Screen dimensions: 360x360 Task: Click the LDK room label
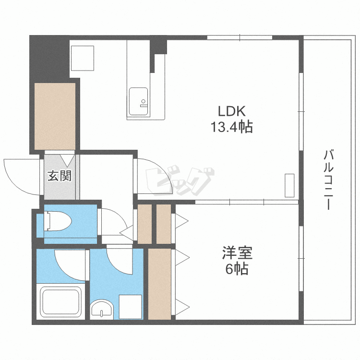pos(232,111)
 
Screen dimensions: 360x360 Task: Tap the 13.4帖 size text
pos(231,127)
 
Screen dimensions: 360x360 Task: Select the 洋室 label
pos(237,253)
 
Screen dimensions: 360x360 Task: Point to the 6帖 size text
pos(237,269)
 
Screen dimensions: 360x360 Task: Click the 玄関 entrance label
pos(59,176)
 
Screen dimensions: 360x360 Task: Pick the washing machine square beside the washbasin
pos(130,307)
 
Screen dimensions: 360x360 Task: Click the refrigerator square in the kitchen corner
pos(83,58)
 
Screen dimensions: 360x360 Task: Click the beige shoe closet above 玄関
pos(55,116)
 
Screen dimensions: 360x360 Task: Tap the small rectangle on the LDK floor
pos(289,185)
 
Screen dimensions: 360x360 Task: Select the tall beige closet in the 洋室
pos(159,283)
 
